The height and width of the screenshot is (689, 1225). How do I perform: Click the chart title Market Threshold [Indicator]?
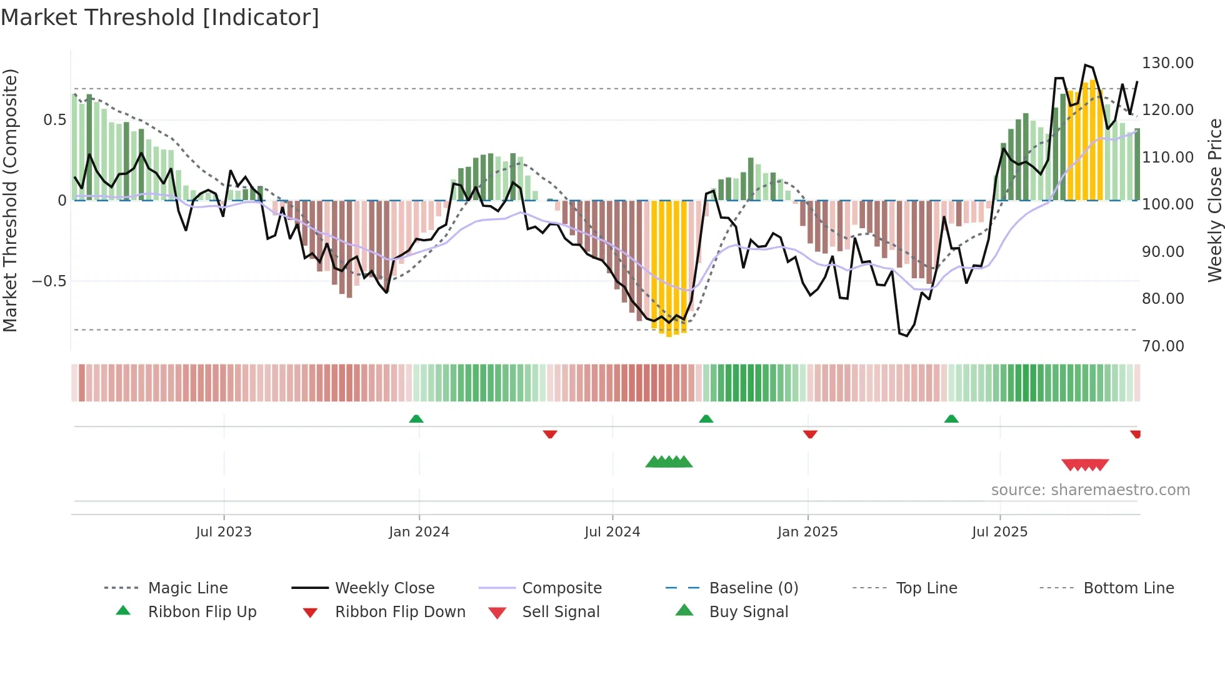pos(160,18)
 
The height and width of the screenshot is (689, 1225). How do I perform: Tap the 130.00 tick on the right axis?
pos(1167,63)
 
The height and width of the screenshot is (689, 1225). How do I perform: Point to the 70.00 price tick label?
pos(1162,346)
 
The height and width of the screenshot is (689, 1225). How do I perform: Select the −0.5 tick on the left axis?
pos(49,281)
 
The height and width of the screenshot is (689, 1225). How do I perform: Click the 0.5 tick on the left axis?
pos(54,120)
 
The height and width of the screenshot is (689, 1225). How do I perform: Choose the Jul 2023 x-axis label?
pos(224,532)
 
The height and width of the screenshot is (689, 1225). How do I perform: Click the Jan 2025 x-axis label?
pos(807,532)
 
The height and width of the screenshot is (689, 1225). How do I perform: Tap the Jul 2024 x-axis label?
pos(612,532)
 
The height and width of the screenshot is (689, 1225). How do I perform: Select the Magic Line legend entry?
pos(187,588)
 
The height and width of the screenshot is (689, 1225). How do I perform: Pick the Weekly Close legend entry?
pos(384,588)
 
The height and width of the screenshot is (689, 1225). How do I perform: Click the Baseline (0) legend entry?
pos(753,588)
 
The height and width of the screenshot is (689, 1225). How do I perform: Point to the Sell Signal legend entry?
pos(561,612)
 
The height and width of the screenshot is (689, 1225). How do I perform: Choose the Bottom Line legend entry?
pos(1128,588)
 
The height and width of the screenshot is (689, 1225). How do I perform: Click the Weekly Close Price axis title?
pos(1214,200)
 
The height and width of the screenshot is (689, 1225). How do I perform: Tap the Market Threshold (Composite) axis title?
pos(10,200)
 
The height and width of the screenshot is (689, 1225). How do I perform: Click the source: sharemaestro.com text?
pos(1090,490)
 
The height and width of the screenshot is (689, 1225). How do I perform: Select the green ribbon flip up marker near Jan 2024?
pos(416,419)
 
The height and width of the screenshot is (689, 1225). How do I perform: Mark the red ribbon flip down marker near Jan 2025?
pos(810,434)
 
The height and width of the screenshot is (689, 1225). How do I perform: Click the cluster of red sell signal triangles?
pos(1085,465)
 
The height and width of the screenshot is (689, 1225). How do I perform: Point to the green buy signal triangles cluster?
pos(669,462)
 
